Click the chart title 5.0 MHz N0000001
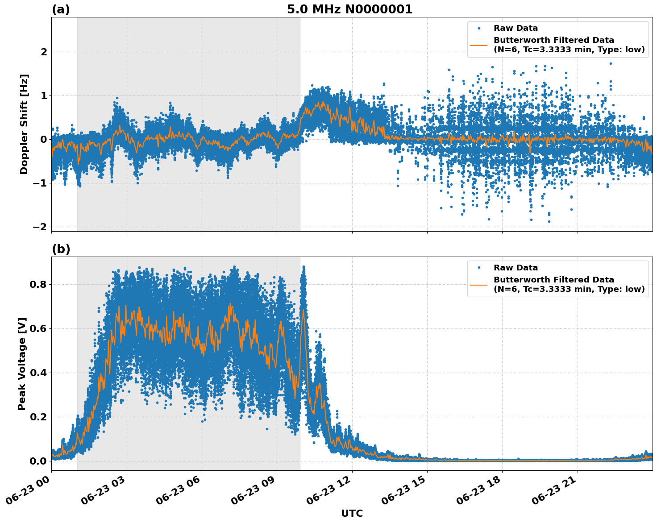[349, 9]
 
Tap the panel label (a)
[61, 9]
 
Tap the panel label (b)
[61, 249]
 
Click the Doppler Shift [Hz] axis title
[24, 124]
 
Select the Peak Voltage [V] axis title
[22, 364]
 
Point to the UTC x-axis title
[352, 513]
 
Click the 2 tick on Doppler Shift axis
[44, 52]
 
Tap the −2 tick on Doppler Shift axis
[40, 227]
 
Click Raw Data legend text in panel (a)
[516, 28]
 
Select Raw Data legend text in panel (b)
[516, 268]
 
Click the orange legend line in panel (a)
[478, 45]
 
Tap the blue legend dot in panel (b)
[478, 268]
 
